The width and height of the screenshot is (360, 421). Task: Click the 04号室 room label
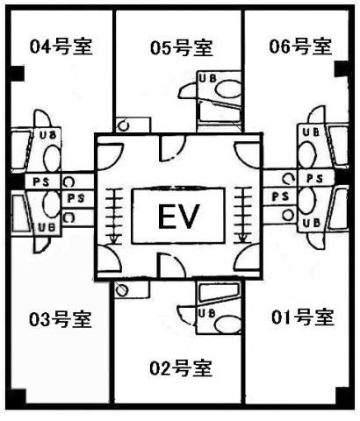(61, 46)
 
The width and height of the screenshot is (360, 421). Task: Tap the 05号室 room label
(181, 47)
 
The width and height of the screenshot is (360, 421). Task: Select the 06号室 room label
(300, 46)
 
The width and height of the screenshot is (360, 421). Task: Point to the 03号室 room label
(61, 319)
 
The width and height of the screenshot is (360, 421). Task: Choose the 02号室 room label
(181, 368)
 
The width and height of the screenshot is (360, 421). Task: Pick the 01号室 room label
(303, 318)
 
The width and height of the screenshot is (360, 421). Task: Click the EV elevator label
(179, 217)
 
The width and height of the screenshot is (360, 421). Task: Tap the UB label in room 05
(207, 78)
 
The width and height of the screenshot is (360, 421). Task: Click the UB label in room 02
(206, 313)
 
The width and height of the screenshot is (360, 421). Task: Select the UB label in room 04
(47, 135)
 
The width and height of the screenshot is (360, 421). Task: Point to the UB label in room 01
(311, 223)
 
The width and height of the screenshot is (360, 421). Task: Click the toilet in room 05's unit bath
(227, 89)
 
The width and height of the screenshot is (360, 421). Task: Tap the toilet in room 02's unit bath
(227, 324)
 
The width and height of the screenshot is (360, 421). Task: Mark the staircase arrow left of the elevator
(114, 217)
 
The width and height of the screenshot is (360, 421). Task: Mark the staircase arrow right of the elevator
(242, 215)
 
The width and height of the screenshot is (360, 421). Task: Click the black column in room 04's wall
(17, 73)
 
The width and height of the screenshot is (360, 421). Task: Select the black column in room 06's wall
(342, 69)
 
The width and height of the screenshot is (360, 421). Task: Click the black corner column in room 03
(18, 396)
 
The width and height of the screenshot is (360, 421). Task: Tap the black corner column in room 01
(342, 396)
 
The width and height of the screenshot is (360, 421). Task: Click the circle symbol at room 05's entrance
(124, 125)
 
